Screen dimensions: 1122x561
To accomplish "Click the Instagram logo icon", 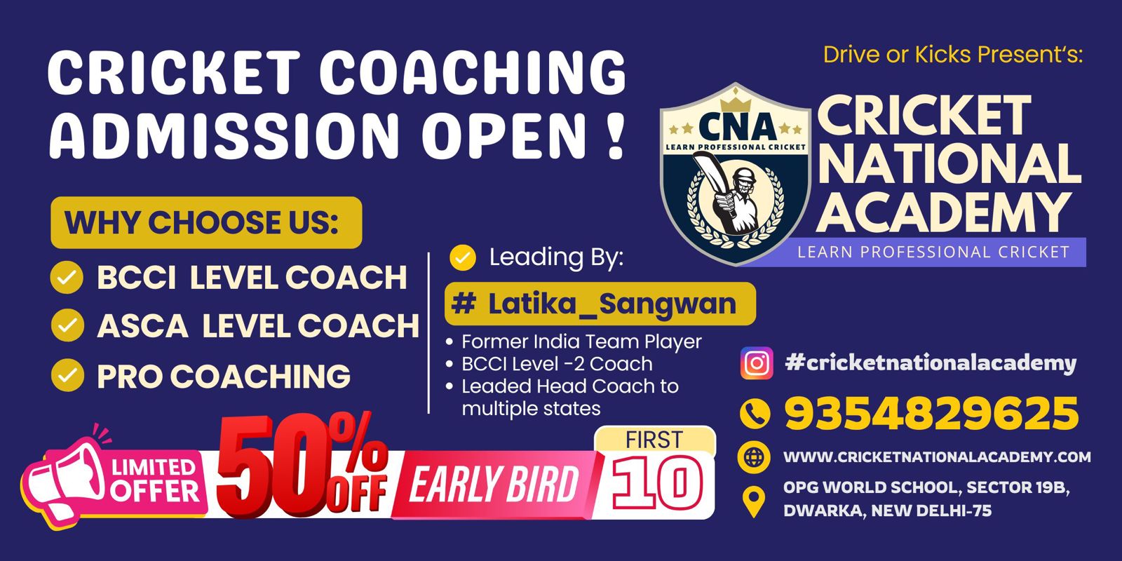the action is (757, 363).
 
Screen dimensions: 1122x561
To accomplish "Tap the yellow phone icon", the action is (755, 414).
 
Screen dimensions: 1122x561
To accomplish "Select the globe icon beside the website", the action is (754, 457).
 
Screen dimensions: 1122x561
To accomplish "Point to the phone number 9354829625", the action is (931, 414).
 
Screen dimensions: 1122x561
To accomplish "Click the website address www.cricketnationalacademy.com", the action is (937, 457).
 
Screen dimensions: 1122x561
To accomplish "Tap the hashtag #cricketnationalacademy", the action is (931, 363).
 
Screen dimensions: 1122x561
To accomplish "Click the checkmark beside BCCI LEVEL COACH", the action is (67, 277).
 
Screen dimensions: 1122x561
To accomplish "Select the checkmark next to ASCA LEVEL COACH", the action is (67, 325).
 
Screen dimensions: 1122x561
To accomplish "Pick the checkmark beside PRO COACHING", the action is (67, 375).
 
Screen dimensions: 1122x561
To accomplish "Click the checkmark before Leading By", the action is (463, 257).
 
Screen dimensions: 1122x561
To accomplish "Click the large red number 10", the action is (657, 483).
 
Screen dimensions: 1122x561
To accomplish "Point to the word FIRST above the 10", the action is (654, 440).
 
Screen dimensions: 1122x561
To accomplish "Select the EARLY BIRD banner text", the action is (494, 484).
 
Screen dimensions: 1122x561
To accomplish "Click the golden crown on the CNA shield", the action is (736, 102).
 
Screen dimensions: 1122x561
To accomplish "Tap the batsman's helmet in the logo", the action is (743, 178).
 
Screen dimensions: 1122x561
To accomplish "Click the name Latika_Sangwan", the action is (612, 304).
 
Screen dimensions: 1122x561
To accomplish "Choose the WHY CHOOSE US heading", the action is (201, 222).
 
